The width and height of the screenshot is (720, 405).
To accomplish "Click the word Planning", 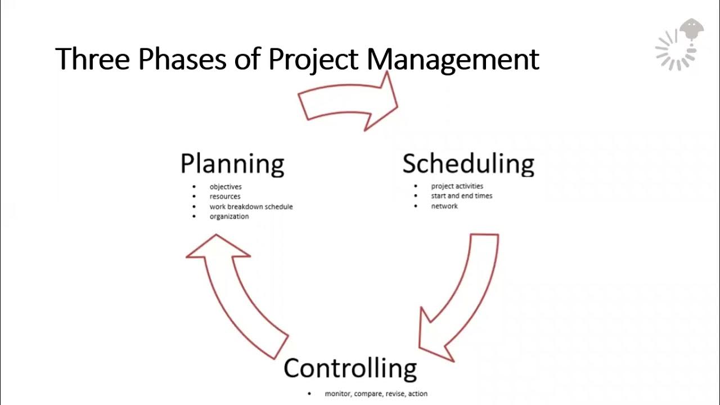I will pyautogui.click(x=232, y=164).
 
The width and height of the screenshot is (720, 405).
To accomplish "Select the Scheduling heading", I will pyautogui.click(x=468, y=164).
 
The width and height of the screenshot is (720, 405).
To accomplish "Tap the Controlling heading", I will pyautogui.click(x=350, y=368).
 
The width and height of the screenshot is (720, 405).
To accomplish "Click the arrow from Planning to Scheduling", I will pyautogui.click(x=349, y=101).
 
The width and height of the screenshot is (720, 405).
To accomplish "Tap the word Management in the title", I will pyautogui.click(x=453, y=59).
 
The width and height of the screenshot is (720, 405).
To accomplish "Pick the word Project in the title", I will pyautogui.click(x=316, y=59).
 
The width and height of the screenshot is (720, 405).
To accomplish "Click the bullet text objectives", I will pyautogui.click(x=226, y=186).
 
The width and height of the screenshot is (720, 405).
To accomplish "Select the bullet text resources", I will pyautogui.click(x=225, y=196).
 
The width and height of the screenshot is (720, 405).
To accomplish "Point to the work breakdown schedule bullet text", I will pyautogui.click(x=251, y=206).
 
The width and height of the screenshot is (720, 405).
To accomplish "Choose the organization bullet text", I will pyautogui.click(x=229, y=217).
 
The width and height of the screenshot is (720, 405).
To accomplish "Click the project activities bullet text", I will pyautogui.click(x=457, y=186).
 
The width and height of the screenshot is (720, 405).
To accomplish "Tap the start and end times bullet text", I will pyautogui.click(x=461, y=196).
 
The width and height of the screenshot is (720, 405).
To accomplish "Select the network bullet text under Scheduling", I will pyautogui.click(x=444, y=206).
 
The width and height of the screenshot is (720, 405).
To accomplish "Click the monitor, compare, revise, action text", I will pyautogui.click(x=376, y=394).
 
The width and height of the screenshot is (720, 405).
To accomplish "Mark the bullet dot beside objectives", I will pyautogui.click(x=195, y=186).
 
